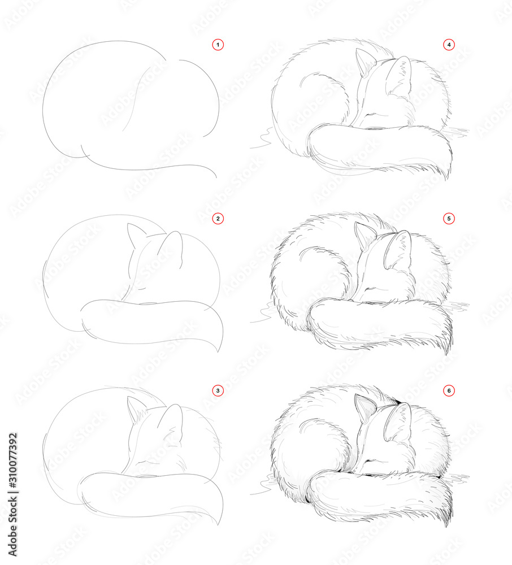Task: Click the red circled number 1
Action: [218, 44]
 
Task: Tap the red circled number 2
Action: [218, 218]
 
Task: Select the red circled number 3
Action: [218, 390]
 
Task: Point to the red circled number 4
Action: [449, 44]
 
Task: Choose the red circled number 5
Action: [449, 218]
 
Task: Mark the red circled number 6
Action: [449, 390]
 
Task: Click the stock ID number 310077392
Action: [13, 480]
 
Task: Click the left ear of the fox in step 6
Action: [363, 406]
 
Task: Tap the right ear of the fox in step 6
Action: [399, 421]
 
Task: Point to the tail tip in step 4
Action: [448, 176]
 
